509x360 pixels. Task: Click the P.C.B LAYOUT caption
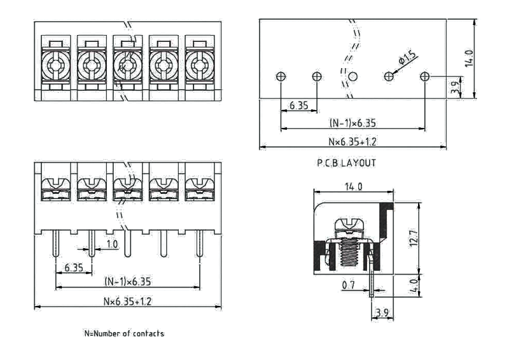347,163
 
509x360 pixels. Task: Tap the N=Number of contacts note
124,333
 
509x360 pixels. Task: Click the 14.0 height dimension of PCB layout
470,58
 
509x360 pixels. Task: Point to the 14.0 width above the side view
353,186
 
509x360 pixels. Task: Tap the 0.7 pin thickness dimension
348,286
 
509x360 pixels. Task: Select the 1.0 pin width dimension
112,245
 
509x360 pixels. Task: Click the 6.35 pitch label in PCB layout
299,105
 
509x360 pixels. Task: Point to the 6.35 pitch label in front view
74,268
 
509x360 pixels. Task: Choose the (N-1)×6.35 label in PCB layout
352,123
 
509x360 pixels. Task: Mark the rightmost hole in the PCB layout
425,76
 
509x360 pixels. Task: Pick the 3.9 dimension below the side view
382,312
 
